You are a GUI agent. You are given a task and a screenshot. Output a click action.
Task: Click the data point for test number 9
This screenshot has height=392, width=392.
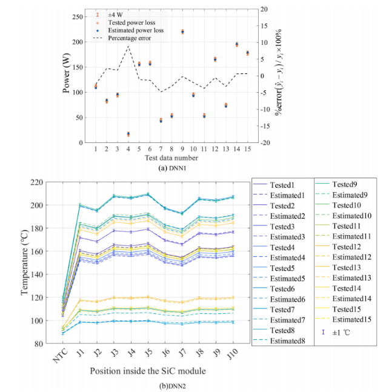[182, 32]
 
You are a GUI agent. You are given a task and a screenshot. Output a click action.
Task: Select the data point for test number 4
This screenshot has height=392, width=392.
[128, 134]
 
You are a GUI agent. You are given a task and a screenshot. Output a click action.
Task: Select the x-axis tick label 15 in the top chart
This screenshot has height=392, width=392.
[247, 149]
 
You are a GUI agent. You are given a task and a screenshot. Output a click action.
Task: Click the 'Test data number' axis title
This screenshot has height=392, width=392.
[171, 158]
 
